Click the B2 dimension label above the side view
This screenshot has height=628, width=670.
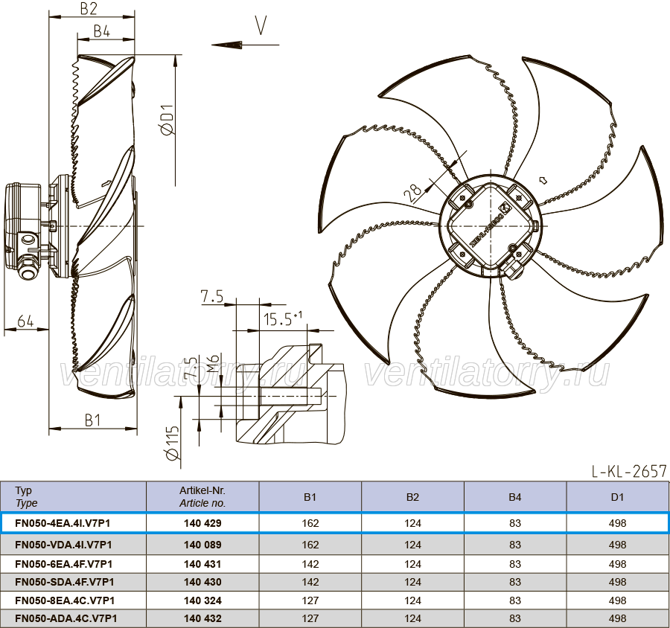point(89,8)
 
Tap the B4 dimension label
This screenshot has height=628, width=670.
point(102,31)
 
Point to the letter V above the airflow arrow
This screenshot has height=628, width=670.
point(261,25)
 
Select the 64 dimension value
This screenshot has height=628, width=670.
point(25,321)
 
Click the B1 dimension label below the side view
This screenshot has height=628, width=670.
point(93,420)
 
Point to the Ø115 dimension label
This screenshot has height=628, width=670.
point(173,443)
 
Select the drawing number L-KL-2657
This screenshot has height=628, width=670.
point(629,471)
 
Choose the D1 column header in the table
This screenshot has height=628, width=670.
point(617,497)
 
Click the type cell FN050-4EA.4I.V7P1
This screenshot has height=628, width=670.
point(63,523)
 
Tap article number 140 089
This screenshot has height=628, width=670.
point(202,545)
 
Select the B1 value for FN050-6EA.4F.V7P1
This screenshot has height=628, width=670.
point(310,564)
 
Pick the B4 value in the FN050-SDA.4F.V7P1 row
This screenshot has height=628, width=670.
point(515,582)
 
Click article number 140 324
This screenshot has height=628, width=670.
point(202,600)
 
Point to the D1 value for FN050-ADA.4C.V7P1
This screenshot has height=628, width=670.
point(617,618)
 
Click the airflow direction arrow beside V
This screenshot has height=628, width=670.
point(245,45)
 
